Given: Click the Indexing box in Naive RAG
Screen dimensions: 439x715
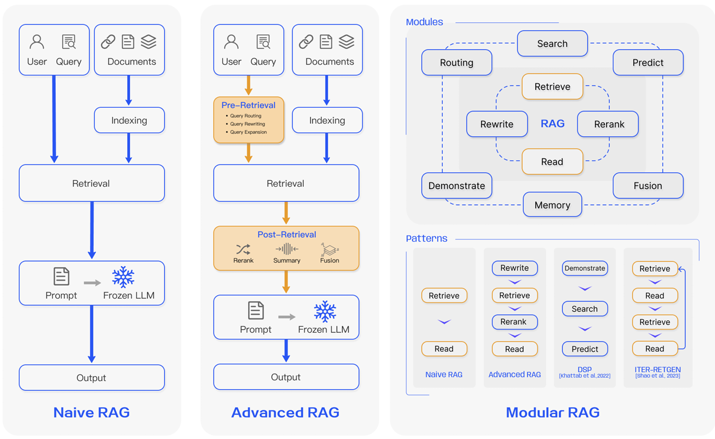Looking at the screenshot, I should pos(129,120).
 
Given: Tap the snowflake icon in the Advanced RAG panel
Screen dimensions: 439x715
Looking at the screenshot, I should pos(325,312).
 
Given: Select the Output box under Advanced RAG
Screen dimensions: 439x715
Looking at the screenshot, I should pos(286,377).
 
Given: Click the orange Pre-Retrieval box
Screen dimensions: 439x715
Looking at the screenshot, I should pos(249,120).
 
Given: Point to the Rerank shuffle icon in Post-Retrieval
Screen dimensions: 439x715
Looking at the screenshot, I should pos(243,249).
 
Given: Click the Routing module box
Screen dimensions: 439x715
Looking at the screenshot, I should pos(457,63).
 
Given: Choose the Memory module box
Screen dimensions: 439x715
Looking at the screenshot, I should pos(552,205).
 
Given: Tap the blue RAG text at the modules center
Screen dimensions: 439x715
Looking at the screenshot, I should pos(552,123).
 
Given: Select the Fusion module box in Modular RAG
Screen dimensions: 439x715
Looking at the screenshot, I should pos(648,186).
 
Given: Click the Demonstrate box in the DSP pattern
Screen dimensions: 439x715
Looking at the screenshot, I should pos(585,268).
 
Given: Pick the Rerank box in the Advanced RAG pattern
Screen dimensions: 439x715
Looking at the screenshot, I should pos(514,322).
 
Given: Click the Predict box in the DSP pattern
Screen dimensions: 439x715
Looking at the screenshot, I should pos(585,349).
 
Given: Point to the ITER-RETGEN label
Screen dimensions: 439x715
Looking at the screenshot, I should pos(658,370).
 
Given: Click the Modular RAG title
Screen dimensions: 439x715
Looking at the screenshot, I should pos(552,412).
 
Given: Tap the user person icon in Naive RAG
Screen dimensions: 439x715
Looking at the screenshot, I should pos(37,42).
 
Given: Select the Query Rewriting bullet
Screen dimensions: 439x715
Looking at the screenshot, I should pos(247,124).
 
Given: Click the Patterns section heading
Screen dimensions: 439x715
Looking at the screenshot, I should pos(427,238).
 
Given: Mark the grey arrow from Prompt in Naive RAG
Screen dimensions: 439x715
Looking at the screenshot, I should pos(93,283).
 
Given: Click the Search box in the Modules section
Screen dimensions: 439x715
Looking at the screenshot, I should pos(552,43).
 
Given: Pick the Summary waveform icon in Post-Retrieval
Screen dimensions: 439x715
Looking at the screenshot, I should pos(287,249).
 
